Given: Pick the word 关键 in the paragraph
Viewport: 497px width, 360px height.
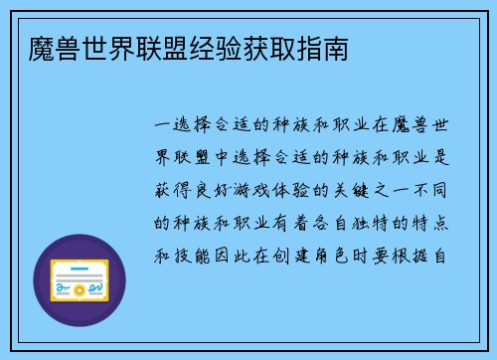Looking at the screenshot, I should point(356,190).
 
